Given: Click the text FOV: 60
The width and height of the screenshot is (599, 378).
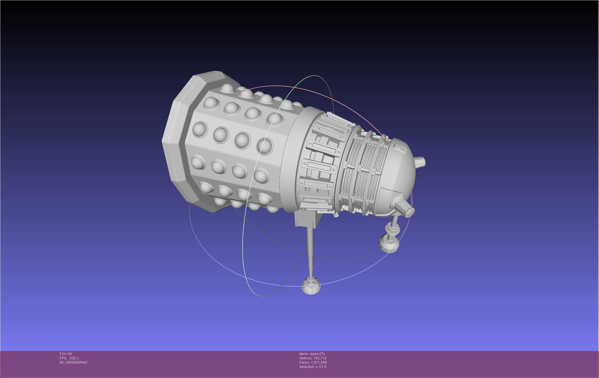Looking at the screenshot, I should pyautogui.click(x=66, y=354).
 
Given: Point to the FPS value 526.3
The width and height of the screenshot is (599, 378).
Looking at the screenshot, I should pyautogui.click(x=74, y=358).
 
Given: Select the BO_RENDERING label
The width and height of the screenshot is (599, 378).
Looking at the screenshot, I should pyautogui.click(x=73, y=363).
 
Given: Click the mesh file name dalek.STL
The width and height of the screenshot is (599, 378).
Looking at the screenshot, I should pyautogui.click(x=318, y=354).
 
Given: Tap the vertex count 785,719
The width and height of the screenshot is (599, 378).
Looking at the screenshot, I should pyautogui.click(x=320, y=358).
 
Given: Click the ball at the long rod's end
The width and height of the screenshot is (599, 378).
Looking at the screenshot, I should pyautogui.click(x=311, y=286).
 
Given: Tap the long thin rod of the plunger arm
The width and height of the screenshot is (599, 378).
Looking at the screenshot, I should pyautogui.click(x=310, y=249).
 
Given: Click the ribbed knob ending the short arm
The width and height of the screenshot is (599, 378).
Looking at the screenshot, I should pyautogui.click(x=389, y=243).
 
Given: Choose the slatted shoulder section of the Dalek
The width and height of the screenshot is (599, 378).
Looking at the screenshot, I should pyautogui.click(x=320, y=160).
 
